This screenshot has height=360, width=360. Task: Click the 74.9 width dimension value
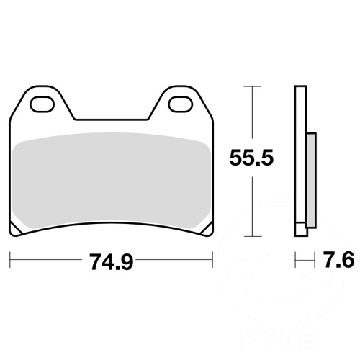tap(111, 261)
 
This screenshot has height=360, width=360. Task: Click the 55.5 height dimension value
tap(251, 158)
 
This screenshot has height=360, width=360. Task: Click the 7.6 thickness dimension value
tap(338, 260)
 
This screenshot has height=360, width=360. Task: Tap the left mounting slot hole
tap(42, 104)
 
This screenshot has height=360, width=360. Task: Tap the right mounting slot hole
tap(181, 104)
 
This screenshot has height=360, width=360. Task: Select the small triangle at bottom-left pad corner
tap(15, 230)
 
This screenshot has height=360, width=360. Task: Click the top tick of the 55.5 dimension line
tap(252, 86)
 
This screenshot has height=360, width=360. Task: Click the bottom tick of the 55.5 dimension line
tap(252, 236)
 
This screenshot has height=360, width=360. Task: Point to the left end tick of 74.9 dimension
tap(10, 260)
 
